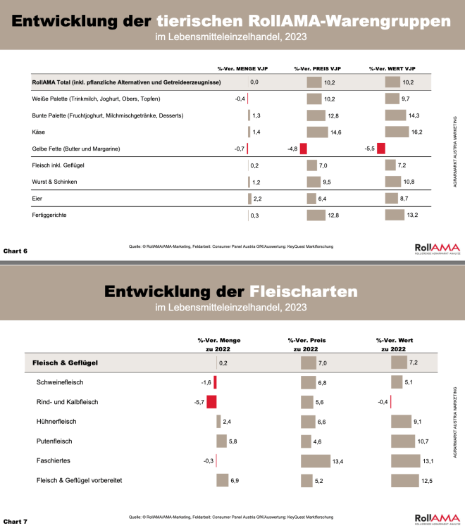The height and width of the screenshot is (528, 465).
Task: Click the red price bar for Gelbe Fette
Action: [304, 149]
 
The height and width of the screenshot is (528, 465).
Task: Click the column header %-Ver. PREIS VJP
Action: [317, 68]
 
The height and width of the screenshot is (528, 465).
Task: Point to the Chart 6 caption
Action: [15, 250]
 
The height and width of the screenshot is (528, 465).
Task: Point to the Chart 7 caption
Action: [15, 521]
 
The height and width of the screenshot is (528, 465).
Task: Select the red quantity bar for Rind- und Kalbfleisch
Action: [211, 402]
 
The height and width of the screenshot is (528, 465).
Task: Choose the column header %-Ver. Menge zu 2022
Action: [219, 344]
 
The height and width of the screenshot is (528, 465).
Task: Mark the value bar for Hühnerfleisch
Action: [404, 422]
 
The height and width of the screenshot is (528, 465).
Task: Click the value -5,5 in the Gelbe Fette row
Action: [369, 149]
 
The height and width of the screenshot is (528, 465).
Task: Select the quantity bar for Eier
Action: [249, 199]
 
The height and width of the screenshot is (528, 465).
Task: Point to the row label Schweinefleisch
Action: [61, 383]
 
